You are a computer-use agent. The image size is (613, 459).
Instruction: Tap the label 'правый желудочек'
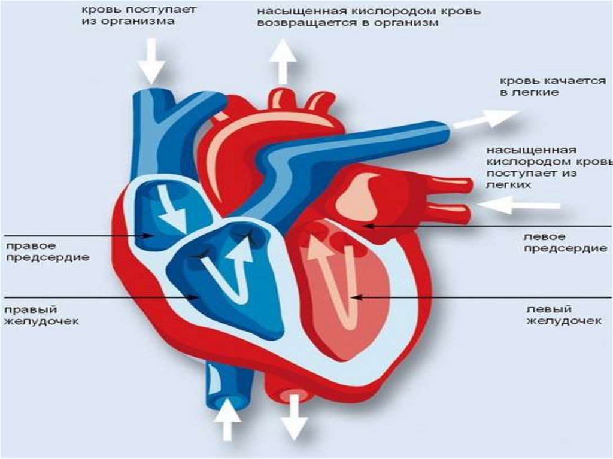tap(42, 315)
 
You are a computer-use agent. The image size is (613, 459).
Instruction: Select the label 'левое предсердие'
tap(565, 243)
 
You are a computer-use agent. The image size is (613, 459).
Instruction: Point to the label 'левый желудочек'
tap(563, 315)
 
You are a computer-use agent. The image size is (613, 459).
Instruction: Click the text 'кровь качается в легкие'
tap(552, 87)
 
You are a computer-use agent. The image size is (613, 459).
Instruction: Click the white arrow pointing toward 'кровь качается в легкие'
tap(484, 118)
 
